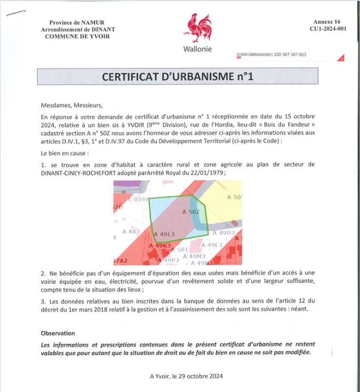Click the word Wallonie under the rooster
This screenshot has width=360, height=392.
coord(197,49)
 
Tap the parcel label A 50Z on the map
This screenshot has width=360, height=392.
coord(191,212)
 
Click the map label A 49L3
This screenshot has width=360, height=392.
coord(165,234)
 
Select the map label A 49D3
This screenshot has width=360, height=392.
coord(224,233)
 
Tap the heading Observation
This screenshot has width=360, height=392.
coord(59,333)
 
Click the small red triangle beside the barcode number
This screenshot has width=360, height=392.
coord(341,58)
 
